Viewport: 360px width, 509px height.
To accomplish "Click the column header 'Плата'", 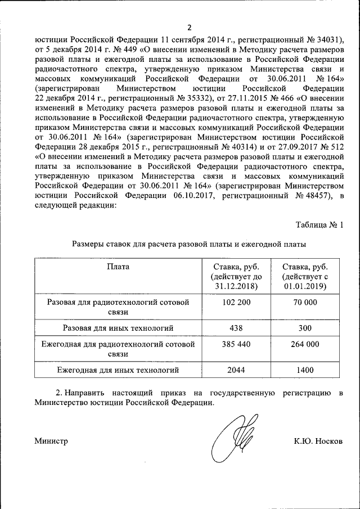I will [x=118, y=267].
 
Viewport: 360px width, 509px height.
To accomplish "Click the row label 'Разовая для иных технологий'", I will [x=118, y=327].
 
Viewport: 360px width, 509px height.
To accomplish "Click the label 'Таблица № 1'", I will [x=319, y=225].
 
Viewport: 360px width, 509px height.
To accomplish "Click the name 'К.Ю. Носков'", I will [x=318, y=441].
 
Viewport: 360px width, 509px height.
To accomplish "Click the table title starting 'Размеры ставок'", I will [x=189, y=245].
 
